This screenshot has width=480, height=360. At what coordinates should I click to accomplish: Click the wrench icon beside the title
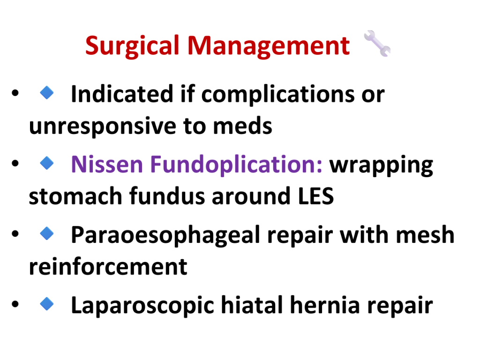pos(377,44)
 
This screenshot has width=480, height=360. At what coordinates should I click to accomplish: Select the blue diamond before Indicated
pos(47,92)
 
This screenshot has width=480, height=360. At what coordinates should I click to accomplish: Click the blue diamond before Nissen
pos(47,163)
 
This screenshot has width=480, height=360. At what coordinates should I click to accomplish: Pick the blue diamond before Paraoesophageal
pos(47,233)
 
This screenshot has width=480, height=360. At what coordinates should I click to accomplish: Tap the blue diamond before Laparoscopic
pos(47,304)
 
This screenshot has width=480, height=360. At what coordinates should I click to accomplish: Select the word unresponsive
pos(103,126)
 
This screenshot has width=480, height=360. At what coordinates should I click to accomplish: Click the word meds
pos(242,126)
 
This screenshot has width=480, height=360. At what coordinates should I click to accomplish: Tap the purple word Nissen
pos(107,165)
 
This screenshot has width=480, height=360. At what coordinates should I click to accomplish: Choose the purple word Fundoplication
pos(236,165)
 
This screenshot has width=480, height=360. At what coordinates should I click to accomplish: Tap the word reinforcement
pos(108,266)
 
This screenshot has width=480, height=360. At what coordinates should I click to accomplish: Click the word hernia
pos(325,305)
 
